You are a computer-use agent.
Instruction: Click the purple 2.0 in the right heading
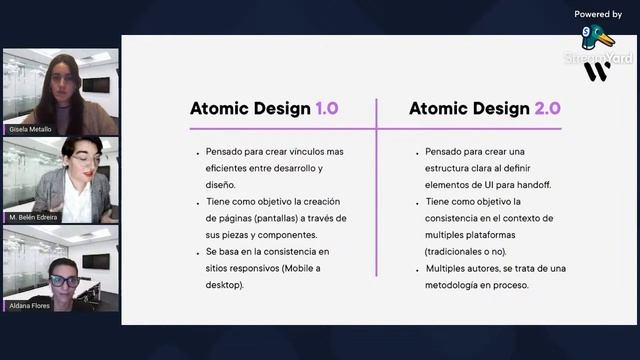point(547,109)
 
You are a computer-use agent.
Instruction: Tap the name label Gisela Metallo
point(30,129)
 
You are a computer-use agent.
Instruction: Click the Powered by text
point(598,14)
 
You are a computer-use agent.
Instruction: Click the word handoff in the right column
point(531,184)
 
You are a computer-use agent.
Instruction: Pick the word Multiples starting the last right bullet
point(449,268)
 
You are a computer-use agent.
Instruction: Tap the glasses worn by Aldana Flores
point(64,281)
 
